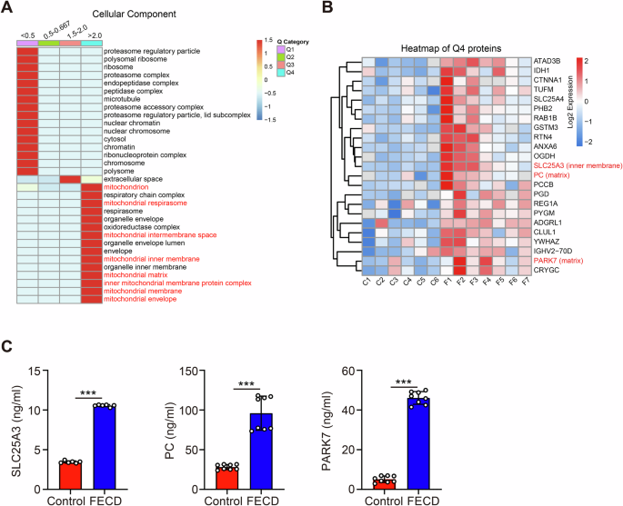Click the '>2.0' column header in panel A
[x=93, y=35]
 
